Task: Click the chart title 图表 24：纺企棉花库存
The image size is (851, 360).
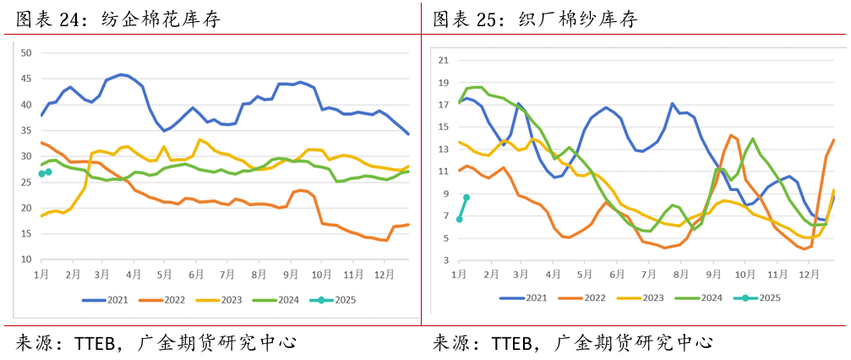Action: [118, 19]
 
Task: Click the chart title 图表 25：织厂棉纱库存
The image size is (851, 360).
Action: [535, 19]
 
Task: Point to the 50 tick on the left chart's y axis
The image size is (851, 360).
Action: [25, 53]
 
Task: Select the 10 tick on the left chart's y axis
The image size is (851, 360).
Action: [25, 259]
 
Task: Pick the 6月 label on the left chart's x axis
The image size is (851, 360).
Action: [196, 275]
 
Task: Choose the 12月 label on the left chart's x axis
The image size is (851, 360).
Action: [383, 275]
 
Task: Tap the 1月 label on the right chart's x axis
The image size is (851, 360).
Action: [460, 275]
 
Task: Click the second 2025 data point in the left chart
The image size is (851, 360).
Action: [48, 172]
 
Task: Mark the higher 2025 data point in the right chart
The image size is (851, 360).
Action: [466, 197]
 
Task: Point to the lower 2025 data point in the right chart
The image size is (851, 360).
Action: [460, 220]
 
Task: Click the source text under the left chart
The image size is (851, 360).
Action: [155, 342]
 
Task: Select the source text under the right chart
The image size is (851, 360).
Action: [572, 342]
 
